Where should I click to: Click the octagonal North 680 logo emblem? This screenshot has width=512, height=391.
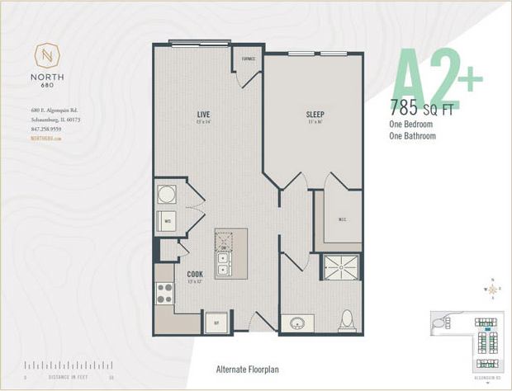click(x=47, y=58)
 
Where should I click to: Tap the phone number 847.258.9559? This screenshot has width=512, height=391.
click(x=45, y=130)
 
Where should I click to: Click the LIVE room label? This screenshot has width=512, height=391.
click(x=203, y=114)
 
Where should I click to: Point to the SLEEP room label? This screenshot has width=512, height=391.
click(x=315, y=114)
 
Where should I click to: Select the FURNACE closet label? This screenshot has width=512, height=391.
click(x=248, y=59)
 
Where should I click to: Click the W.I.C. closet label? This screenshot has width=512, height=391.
click(x=342, y=219)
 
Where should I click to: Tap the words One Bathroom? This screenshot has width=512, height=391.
click(x=413, y=136)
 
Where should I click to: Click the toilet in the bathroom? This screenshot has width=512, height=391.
click(x=347, y=320)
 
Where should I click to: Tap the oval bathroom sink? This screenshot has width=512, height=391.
click(x=296, y=323)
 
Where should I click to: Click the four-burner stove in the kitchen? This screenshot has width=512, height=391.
click(x=165, y=292)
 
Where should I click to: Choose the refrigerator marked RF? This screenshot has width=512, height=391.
click(x=217, y=322)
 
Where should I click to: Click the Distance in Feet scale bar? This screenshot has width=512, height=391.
click(x=69, y=365)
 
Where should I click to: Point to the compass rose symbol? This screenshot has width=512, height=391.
click(x=493, y=289)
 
